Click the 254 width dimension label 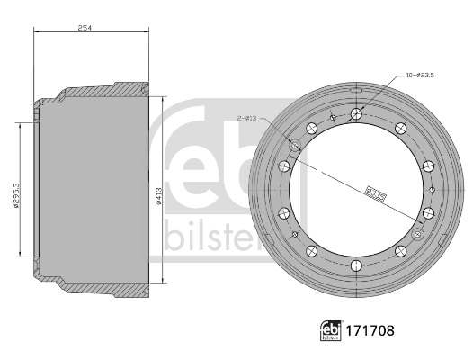pos(85,28)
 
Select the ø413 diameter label pos(158,199)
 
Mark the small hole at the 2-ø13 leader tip pos(295,144)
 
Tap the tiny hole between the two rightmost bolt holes pos(433,189)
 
